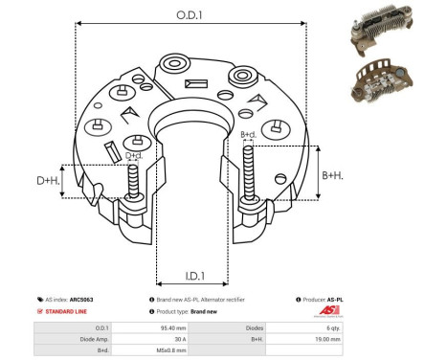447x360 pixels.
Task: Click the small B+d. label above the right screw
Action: coord(248,135)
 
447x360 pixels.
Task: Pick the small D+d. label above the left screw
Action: coord(135,155)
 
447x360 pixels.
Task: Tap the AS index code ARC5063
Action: coord(93,300)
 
